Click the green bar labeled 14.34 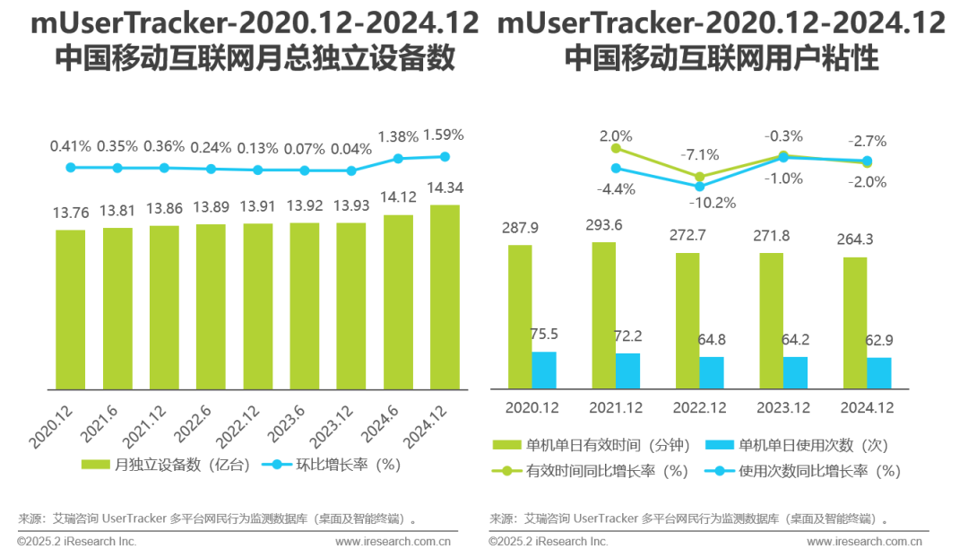pos(445,296)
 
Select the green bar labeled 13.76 pos(71,309)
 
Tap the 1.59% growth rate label pos(445,135)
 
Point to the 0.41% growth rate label pos(70,145)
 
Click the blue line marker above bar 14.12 pos(398,159)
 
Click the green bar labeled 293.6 pos(603,315)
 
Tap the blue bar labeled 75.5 pos(544,370)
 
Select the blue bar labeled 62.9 pos(879,372)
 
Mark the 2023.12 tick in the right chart pos(783,408)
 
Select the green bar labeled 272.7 pos(687,320)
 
